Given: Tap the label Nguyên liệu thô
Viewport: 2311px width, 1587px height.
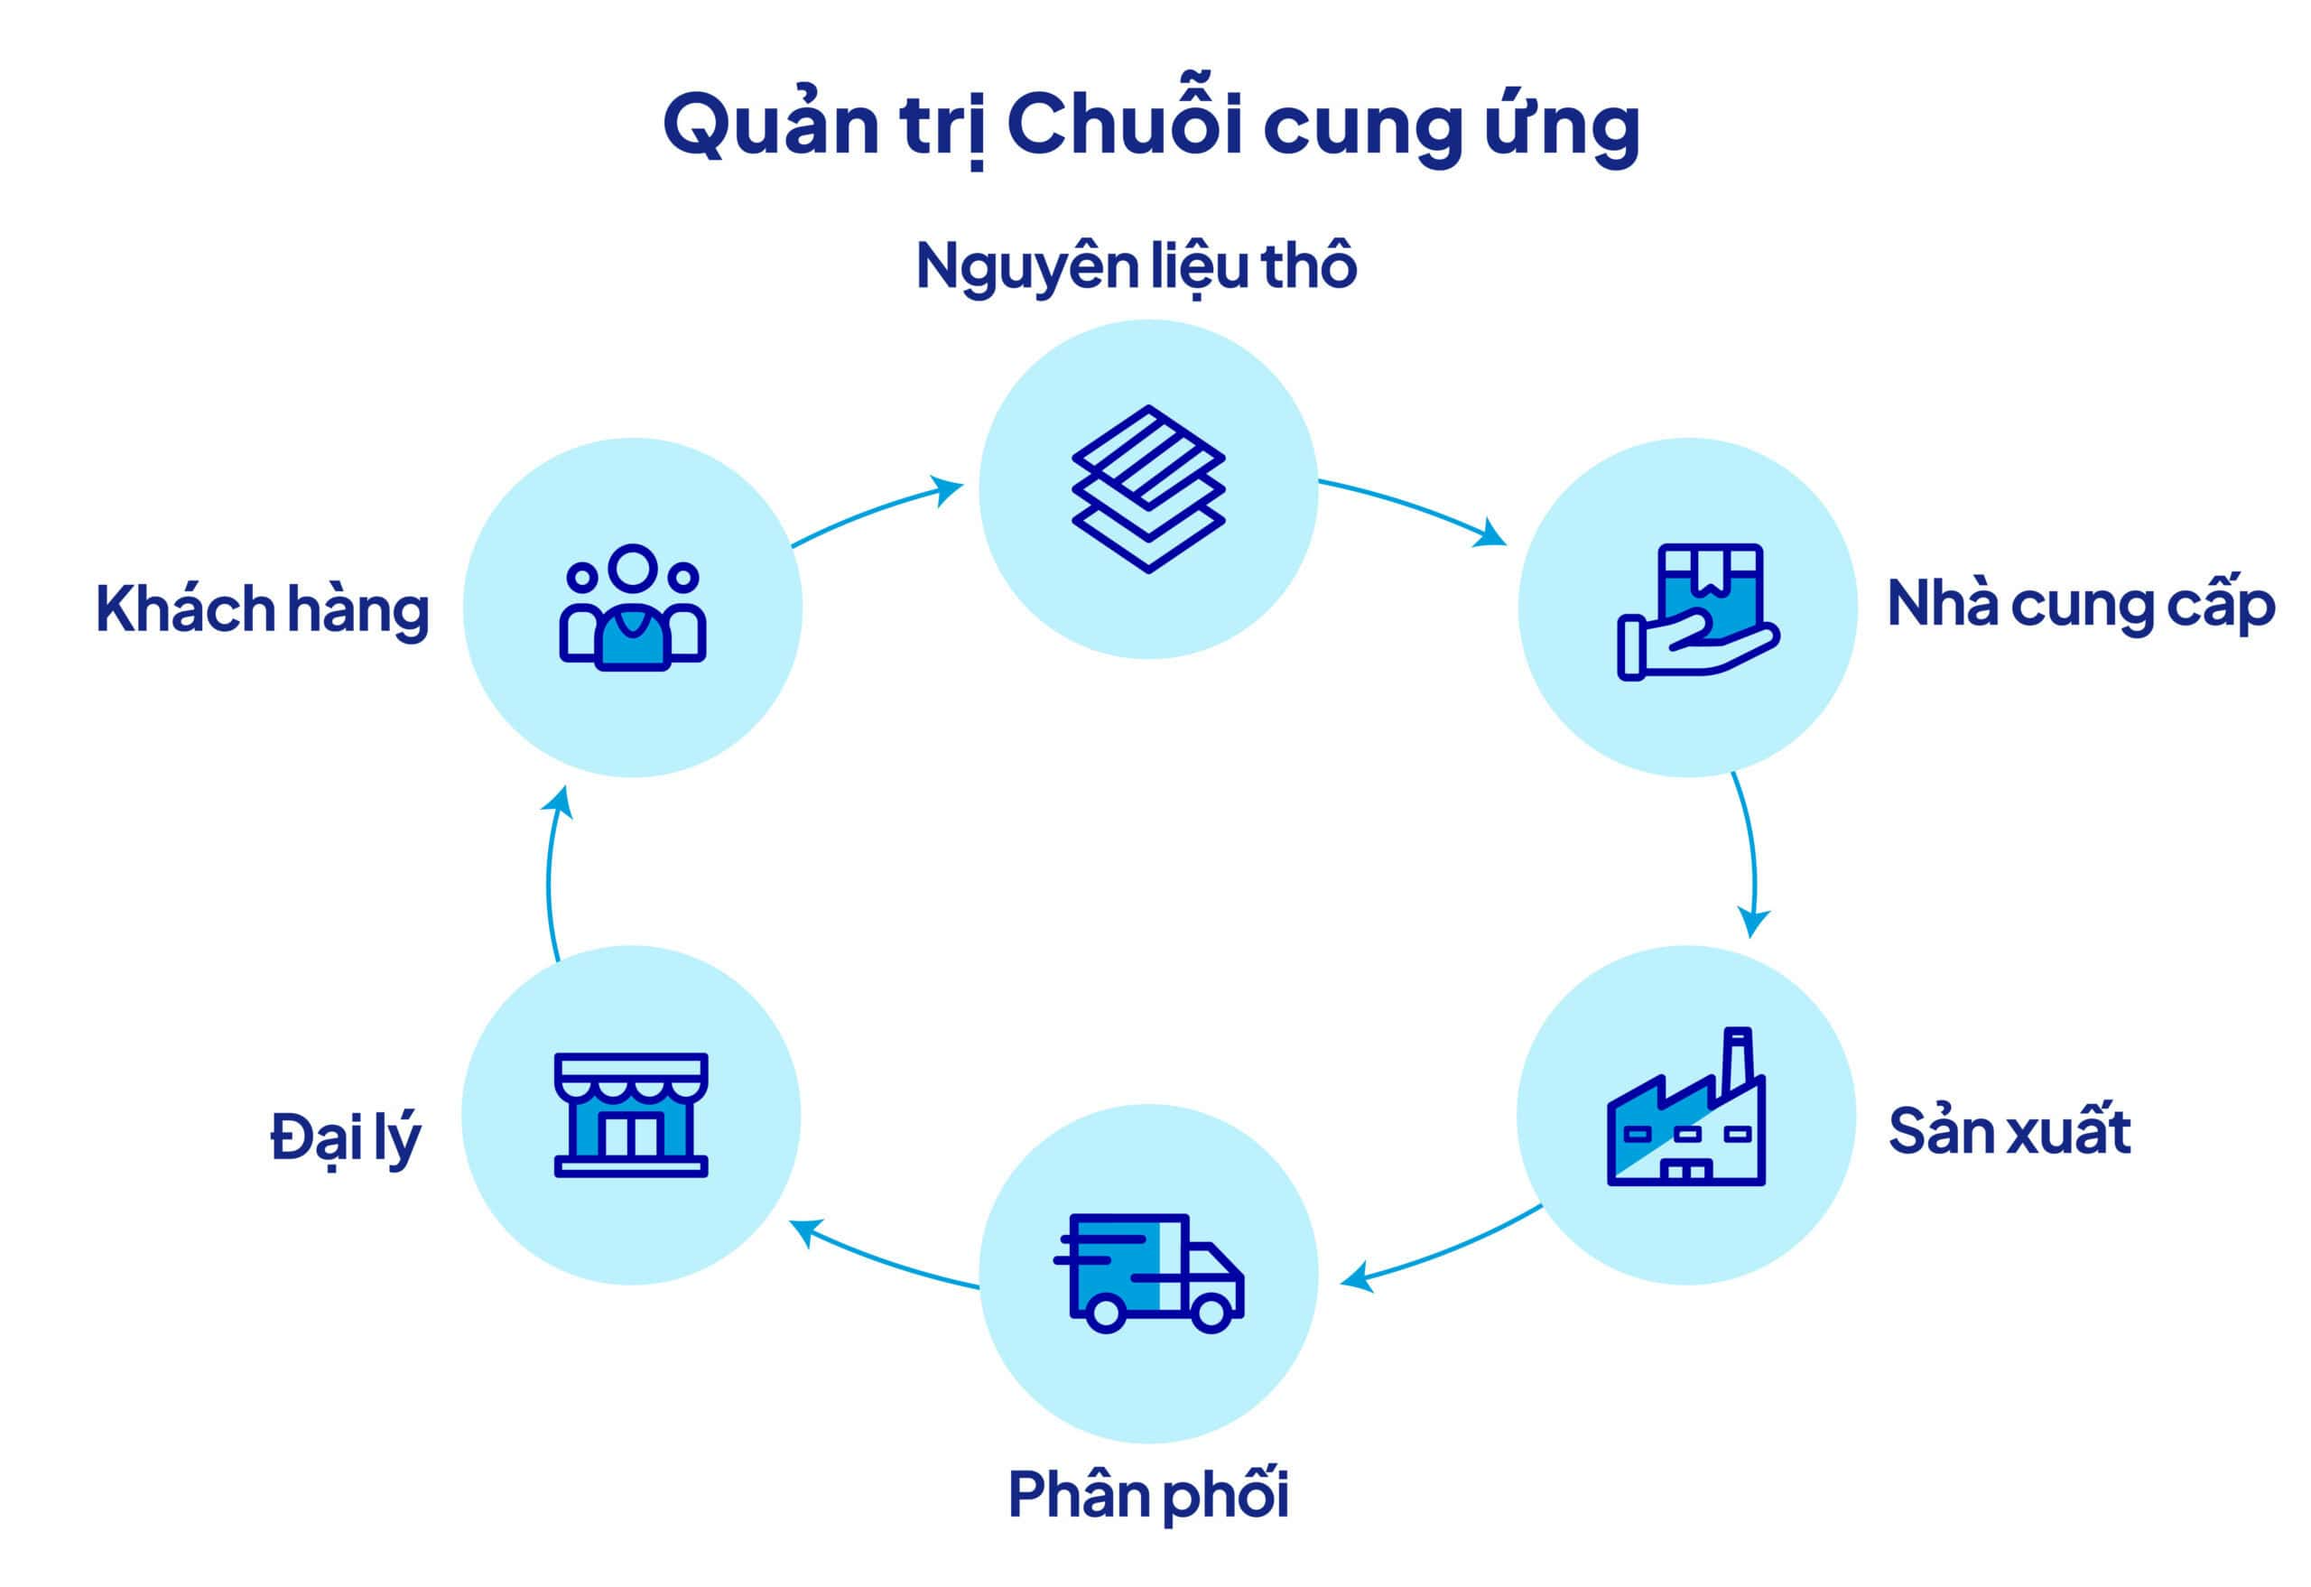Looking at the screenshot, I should (1136, 266).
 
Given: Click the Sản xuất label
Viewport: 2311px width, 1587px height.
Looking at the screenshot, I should (2009, 1132).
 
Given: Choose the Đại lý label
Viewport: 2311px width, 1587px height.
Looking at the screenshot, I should (345, 1137).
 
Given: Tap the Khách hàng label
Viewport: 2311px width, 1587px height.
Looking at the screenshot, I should (263, 608).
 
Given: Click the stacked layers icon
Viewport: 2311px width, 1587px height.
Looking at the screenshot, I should (1148, 488).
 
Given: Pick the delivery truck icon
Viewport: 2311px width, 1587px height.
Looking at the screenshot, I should (1148, 1272).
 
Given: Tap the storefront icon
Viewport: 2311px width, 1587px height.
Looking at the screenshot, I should (630, 1115).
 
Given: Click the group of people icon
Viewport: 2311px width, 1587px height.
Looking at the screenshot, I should (633, 608).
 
